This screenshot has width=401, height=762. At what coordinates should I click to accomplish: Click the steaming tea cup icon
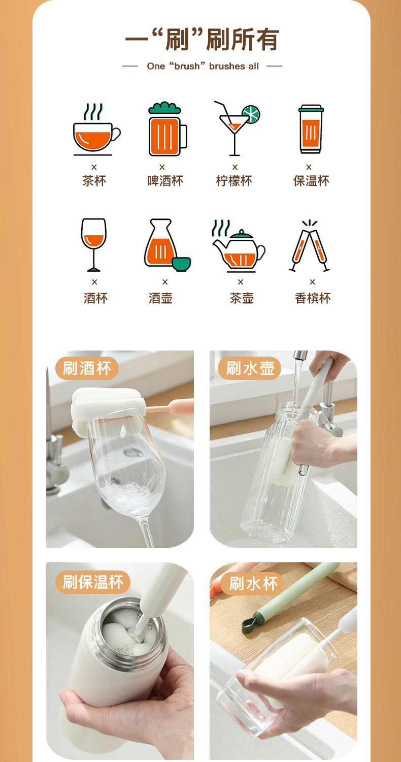click(x=96, y=131)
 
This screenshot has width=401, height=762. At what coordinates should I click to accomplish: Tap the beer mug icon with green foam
click(x=166, y=130)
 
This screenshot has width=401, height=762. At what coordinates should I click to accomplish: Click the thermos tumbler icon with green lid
click(x=311, y=130)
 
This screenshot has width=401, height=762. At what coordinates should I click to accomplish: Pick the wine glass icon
click(x=94, y=244)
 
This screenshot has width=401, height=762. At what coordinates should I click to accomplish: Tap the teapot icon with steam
click(x=238, y=246)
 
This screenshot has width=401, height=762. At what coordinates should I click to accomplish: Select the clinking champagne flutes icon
click(x=310, y=246)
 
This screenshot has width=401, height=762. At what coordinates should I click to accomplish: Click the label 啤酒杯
click(x=165, y=181)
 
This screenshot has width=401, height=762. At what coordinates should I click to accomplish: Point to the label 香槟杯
click(x=313, y=298)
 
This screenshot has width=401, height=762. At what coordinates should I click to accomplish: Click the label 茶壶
click(x=241, y=298)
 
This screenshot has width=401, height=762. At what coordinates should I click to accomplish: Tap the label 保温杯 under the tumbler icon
click(x=311, y=181)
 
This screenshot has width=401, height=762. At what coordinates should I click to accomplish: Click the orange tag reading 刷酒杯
click(x=87, y=368)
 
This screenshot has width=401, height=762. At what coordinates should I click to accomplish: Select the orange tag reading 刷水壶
click(x=250, y=368)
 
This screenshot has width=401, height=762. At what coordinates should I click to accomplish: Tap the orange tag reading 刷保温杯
click(x=93, y=582)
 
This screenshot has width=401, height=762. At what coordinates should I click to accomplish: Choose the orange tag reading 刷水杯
click(x=253, y=584)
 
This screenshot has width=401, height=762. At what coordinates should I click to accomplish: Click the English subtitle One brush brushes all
click(x=203, y=66)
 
